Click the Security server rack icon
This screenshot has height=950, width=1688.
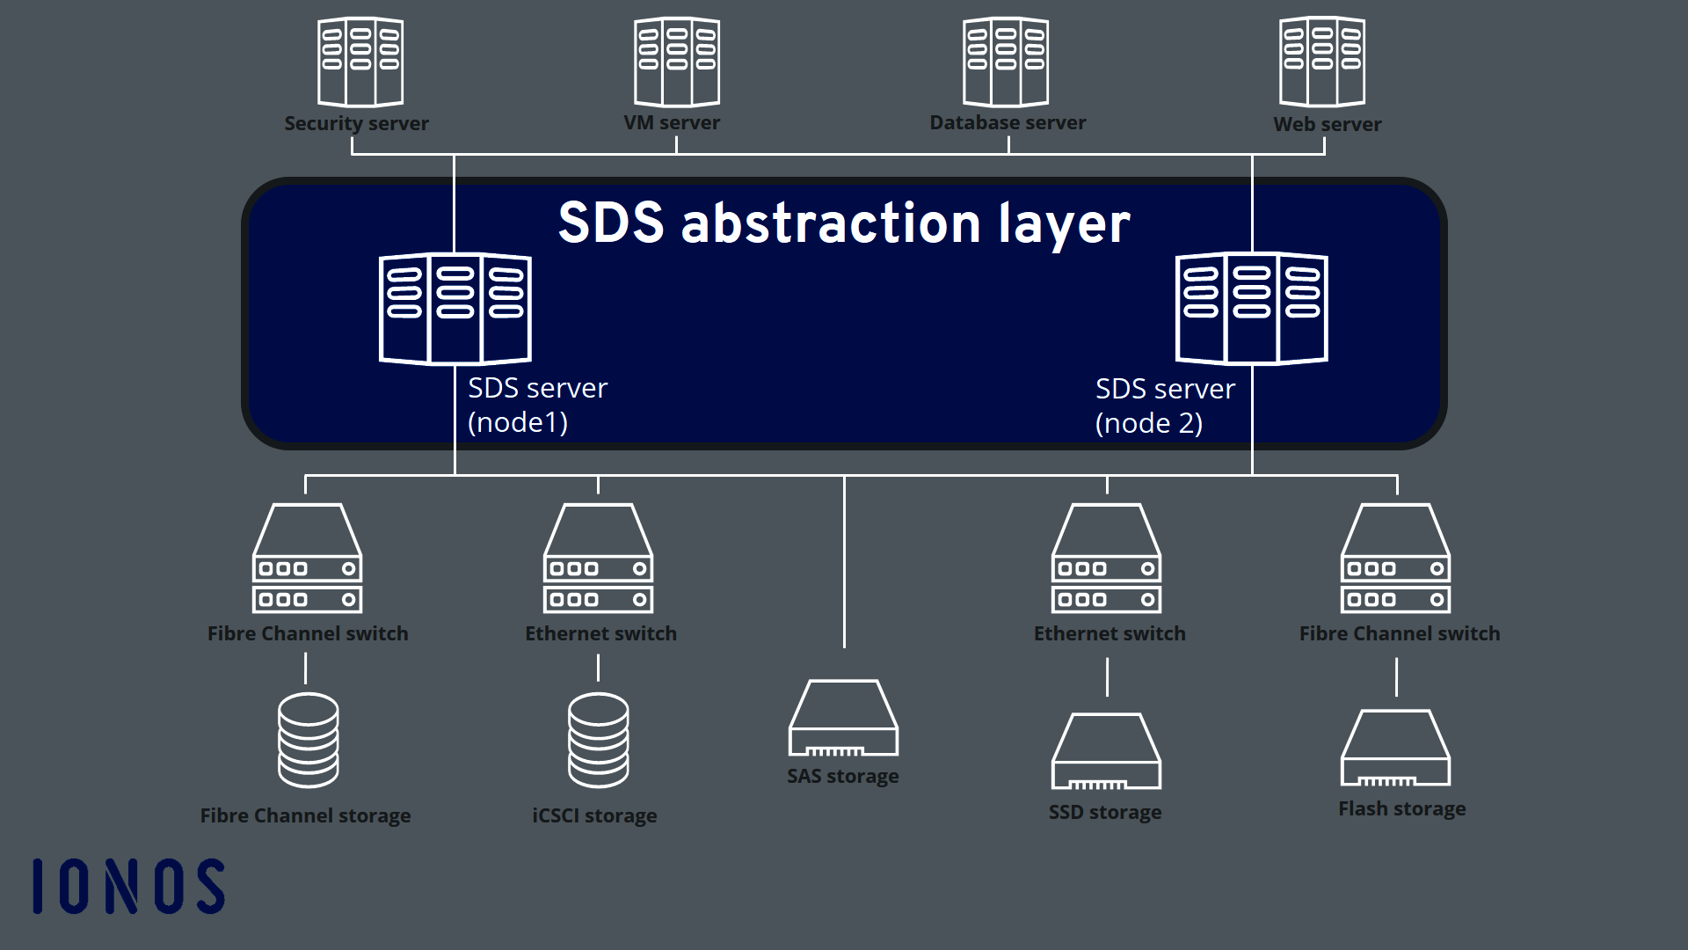click(x=360, y=62)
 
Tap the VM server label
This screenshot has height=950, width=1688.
click(x=672, y=123)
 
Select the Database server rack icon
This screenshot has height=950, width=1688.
click(x=1006, y=62)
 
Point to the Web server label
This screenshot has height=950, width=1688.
click(x=1327, y=125)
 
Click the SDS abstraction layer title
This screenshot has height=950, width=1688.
click(x=844, y=223)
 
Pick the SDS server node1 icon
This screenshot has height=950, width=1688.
click(x=455, y=308)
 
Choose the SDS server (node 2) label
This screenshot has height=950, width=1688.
click(x=1164, y=406)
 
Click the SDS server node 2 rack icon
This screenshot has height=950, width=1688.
click(x=1251, y=308)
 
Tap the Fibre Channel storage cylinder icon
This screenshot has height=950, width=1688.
click(x=308, y=741)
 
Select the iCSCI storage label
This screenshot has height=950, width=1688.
click(x=594, y=816)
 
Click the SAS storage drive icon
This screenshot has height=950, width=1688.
click(x=843, y=719)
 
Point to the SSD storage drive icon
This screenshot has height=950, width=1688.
click(x=1106, y=751)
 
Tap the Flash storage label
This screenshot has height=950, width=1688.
click(x=1401, y=809)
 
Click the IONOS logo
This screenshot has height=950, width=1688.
click(x=128, y=887)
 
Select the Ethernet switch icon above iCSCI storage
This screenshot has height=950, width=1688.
click(x=598, y=559)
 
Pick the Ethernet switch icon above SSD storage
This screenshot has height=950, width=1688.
click(x=1106, y=559)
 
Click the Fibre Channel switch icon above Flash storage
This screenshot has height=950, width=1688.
click(x=1395, y=559)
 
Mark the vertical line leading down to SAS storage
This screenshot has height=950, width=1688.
click(x=844, y=563)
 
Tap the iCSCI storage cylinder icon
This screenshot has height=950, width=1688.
click(x=598, y=741)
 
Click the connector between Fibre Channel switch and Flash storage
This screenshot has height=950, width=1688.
click(x=1396, y=678)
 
